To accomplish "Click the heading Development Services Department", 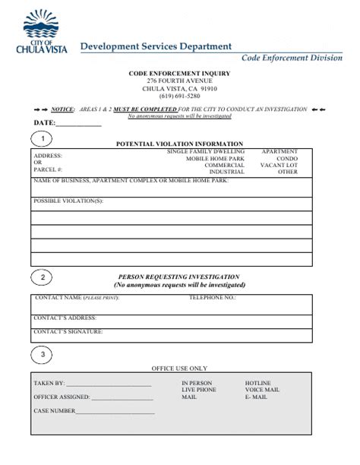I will [x=156, y=46].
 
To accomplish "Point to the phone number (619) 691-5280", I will [x=179, y=96].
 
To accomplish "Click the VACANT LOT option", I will [x=279, y=165].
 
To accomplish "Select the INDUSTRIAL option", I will [x=226, y=172].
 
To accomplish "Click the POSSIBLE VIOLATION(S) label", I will [x=68, y=201].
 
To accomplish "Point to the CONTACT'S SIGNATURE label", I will [x=68, y=331].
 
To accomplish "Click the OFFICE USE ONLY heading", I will [x=179, y=369].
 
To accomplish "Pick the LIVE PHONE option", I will [x=199, y=390].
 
